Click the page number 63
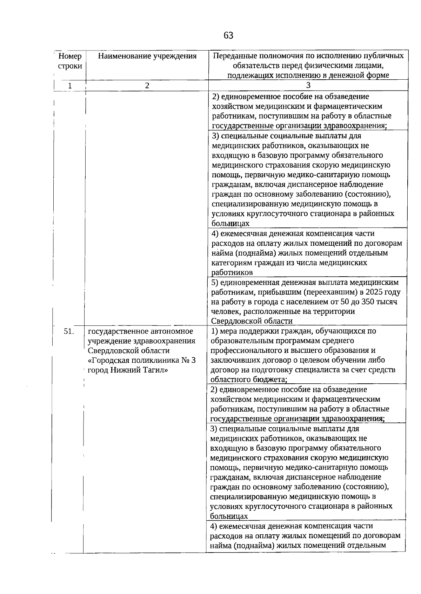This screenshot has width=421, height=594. (x=228, y=35)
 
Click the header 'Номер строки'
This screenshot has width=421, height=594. (x=70, y=61)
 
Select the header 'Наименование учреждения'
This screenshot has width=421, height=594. (x=147, y=56)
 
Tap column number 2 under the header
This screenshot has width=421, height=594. (x=147, y=85)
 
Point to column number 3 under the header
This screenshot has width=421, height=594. (x=308, y=85)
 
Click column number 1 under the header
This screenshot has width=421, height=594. (x=70, y=85)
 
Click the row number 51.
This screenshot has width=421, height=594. (x=69, y=331)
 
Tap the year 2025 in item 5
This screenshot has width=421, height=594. (x=374, y=292)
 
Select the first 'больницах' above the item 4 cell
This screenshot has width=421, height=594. (x=230, y=224)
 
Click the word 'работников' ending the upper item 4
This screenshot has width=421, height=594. (x=232, y=272)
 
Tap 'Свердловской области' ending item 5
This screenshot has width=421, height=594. (x=252, y=321)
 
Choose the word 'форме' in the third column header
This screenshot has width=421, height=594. (x=378, y=75)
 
